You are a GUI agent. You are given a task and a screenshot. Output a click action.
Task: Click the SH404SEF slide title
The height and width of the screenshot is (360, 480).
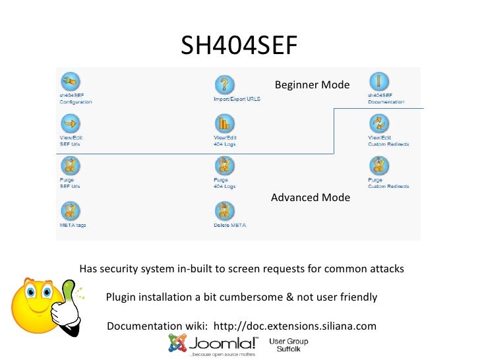[239, 45]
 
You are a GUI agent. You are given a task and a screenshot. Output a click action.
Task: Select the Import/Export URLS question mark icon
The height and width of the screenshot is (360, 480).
[225, 84]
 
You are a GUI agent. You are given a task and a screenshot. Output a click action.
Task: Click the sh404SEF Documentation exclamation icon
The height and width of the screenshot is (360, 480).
[378, 82]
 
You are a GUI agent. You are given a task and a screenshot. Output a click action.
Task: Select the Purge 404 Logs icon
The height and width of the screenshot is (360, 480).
[224, 165]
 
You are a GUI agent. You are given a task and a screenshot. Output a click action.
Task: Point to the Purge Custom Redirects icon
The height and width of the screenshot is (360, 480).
[378, 165]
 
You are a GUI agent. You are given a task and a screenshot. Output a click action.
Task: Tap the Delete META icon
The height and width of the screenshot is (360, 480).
[224, 211]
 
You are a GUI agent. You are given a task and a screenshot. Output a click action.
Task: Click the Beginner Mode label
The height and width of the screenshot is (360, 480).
[312, 85]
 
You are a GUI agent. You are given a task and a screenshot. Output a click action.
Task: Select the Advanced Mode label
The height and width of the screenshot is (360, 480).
[310, 198]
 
